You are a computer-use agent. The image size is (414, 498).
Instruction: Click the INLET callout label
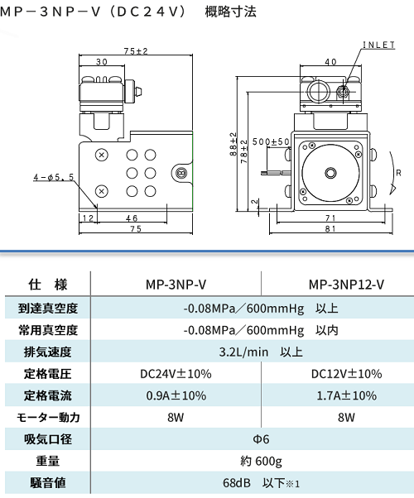tap(379, 45)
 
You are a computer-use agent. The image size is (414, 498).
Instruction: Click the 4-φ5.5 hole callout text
tap(54, 177)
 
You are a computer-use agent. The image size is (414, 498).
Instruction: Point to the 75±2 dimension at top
tap(136, 51)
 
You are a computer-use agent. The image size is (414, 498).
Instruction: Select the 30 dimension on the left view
tap(102, 62)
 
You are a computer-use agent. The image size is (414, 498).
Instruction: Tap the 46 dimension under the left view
tap(132, 218)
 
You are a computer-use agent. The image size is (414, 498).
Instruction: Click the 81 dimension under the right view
tap(330, 228)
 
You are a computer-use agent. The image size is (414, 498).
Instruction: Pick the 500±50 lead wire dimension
tap(271, 141)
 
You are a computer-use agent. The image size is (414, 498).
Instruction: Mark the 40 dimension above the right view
tap(330, 62)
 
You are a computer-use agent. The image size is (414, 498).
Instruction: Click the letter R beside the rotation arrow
tap(399, 173)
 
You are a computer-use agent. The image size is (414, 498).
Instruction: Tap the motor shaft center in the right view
tap(330, 173)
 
